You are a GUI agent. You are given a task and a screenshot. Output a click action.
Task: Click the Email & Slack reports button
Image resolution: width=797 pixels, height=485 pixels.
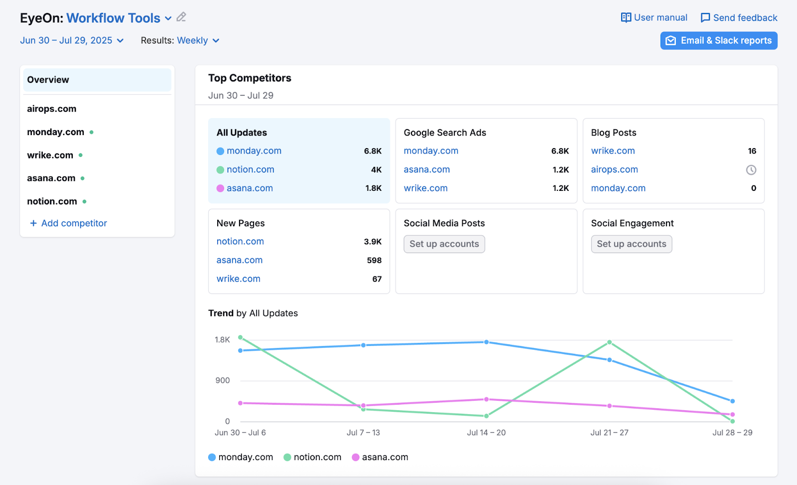718,41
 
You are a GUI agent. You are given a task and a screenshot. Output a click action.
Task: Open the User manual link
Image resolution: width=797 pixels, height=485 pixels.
654,18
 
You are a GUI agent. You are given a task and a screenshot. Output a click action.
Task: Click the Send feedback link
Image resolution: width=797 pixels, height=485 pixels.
739,18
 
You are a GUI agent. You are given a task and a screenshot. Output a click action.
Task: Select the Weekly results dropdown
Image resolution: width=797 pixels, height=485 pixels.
198,41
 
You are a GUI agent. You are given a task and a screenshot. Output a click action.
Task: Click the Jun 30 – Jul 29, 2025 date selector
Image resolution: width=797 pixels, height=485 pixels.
72,41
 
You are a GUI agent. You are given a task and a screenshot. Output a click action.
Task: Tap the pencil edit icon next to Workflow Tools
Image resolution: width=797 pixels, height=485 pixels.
181,17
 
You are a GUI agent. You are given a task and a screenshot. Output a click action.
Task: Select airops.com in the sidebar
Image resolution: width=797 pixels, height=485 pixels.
52,109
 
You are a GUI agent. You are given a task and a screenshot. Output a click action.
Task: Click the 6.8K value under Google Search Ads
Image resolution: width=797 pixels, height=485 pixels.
560,151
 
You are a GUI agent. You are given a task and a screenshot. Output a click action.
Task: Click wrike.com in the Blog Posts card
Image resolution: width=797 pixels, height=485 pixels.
613,151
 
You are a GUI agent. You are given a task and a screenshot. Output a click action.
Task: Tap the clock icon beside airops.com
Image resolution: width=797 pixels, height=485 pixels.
751,170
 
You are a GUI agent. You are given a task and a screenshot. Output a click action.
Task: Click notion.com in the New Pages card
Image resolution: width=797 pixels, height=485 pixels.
240,242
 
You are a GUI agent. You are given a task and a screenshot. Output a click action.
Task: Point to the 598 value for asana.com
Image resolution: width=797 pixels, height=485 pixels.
374,260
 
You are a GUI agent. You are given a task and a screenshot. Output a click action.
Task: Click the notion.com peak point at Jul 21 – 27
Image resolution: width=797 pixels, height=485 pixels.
609,342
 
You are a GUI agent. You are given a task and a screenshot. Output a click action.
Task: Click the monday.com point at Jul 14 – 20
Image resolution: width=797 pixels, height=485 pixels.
486,342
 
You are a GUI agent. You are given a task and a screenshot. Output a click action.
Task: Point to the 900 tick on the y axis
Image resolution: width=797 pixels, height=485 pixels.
222,381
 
